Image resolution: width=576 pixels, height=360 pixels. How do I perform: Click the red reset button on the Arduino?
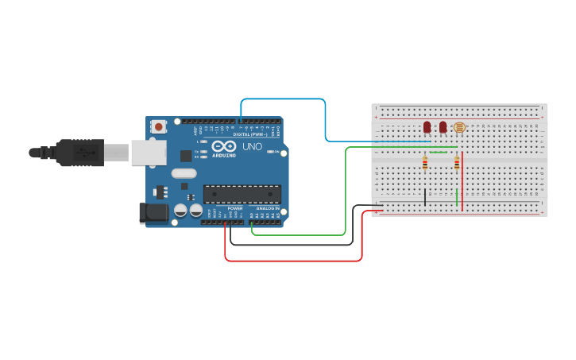(x=159, y=126)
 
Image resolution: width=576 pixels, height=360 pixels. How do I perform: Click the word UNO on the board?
(x=252, y=147)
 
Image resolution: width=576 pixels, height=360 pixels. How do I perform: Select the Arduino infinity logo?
(x=224, y=147)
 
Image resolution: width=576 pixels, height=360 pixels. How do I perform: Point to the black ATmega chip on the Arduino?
(x=242, y=195)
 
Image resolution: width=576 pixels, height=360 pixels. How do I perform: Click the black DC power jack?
(x=153, y=213)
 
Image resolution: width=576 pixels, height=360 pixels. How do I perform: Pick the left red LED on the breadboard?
(x=427, y=127)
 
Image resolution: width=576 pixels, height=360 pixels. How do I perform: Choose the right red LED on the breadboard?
(x=443, y=127)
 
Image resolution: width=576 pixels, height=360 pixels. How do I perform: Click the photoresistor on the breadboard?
(x=458, y=127)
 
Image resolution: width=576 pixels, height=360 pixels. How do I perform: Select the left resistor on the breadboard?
(x=425, y=164)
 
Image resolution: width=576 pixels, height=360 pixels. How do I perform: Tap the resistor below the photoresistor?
(x=457, y=163)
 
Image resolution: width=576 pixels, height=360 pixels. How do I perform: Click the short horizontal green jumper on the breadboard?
(x=438, y=152)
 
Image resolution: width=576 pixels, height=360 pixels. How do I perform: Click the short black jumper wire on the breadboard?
(x=425, y=197)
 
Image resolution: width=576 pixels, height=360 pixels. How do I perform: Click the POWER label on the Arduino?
(x=235, y=208)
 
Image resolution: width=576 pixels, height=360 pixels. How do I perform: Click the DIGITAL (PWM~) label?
(x=249, y=134)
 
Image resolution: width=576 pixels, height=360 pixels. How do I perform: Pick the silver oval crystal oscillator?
(x=184, y=174)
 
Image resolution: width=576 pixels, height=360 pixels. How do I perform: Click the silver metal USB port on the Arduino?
(x=148, y=152)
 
